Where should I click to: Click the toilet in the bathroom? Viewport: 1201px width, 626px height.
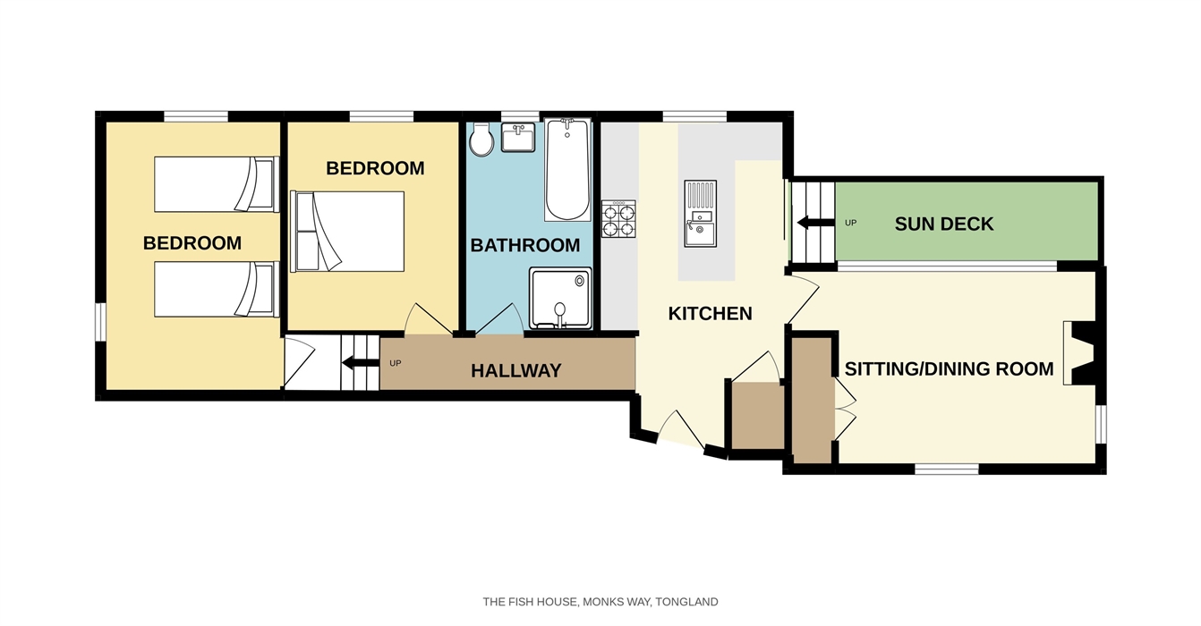(x=481, y=140)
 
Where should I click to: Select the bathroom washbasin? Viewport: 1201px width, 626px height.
(x=518, y=137)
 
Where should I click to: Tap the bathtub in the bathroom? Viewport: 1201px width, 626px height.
(x=567, y=169)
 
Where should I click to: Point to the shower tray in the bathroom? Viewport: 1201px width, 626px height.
(x=560, y=298)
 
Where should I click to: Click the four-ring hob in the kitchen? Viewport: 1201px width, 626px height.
(x=618, y=219)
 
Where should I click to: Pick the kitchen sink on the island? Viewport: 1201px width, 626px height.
(x=700, y=214)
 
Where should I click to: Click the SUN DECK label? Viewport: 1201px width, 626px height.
(x=943, y=224)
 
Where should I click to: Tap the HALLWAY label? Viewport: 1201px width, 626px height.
(x=515, y=370)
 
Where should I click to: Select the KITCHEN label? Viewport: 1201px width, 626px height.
(x=710, y=314)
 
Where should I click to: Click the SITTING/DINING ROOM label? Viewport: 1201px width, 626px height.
(x=949, y=368)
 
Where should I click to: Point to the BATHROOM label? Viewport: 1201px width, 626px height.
(x=525, y=245)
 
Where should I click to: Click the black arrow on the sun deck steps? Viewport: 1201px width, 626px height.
(x=815, y=223)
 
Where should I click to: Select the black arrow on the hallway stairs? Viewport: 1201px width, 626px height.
(x=361, y=363)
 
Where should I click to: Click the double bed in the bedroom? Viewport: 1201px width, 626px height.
(x=347, y=232)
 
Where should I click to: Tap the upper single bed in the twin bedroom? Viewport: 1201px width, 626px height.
(x=217, y=184)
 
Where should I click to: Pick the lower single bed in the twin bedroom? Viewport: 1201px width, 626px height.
(x=217, y=289)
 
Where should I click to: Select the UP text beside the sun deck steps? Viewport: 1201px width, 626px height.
(x=850, y=223)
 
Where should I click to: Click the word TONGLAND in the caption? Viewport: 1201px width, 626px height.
(x=686, y=602)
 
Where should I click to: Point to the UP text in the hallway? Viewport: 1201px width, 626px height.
(x=396, y=363)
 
